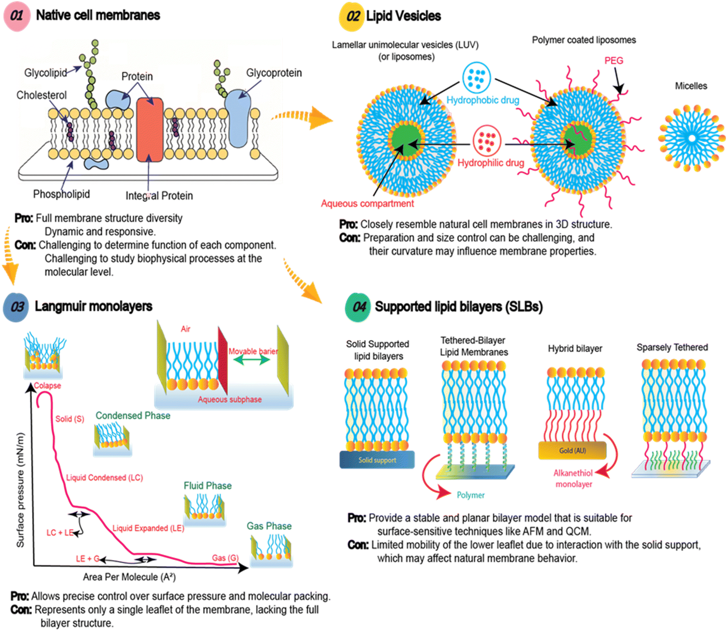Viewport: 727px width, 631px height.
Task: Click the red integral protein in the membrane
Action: point(149,130)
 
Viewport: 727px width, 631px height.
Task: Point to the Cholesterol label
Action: point(41,95)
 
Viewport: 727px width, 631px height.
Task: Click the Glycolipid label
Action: point(45,73)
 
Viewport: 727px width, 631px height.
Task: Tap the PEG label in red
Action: point(614,61)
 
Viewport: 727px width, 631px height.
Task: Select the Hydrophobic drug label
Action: point(482,100)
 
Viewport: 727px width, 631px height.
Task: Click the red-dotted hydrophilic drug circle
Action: point(486,141)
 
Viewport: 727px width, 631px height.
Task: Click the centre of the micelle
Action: point(692,138)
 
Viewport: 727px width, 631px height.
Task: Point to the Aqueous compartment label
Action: point(367,204)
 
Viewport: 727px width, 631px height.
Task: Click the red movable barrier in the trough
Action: point(223,360)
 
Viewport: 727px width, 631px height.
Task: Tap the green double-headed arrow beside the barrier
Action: point(252,360)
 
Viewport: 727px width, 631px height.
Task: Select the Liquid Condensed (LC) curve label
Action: point(104,478)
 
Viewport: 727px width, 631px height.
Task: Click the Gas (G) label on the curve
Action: point(225,558)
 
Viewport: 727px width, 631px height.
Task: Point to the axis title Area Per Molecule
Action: point(129,577)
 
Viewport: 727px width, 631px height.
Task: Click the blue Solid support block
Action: point(377,460)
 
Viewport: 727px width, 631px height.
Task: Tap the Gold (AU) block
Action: point(572,451)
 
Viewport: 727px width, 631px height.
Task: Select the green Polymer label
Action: point(470,495)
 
